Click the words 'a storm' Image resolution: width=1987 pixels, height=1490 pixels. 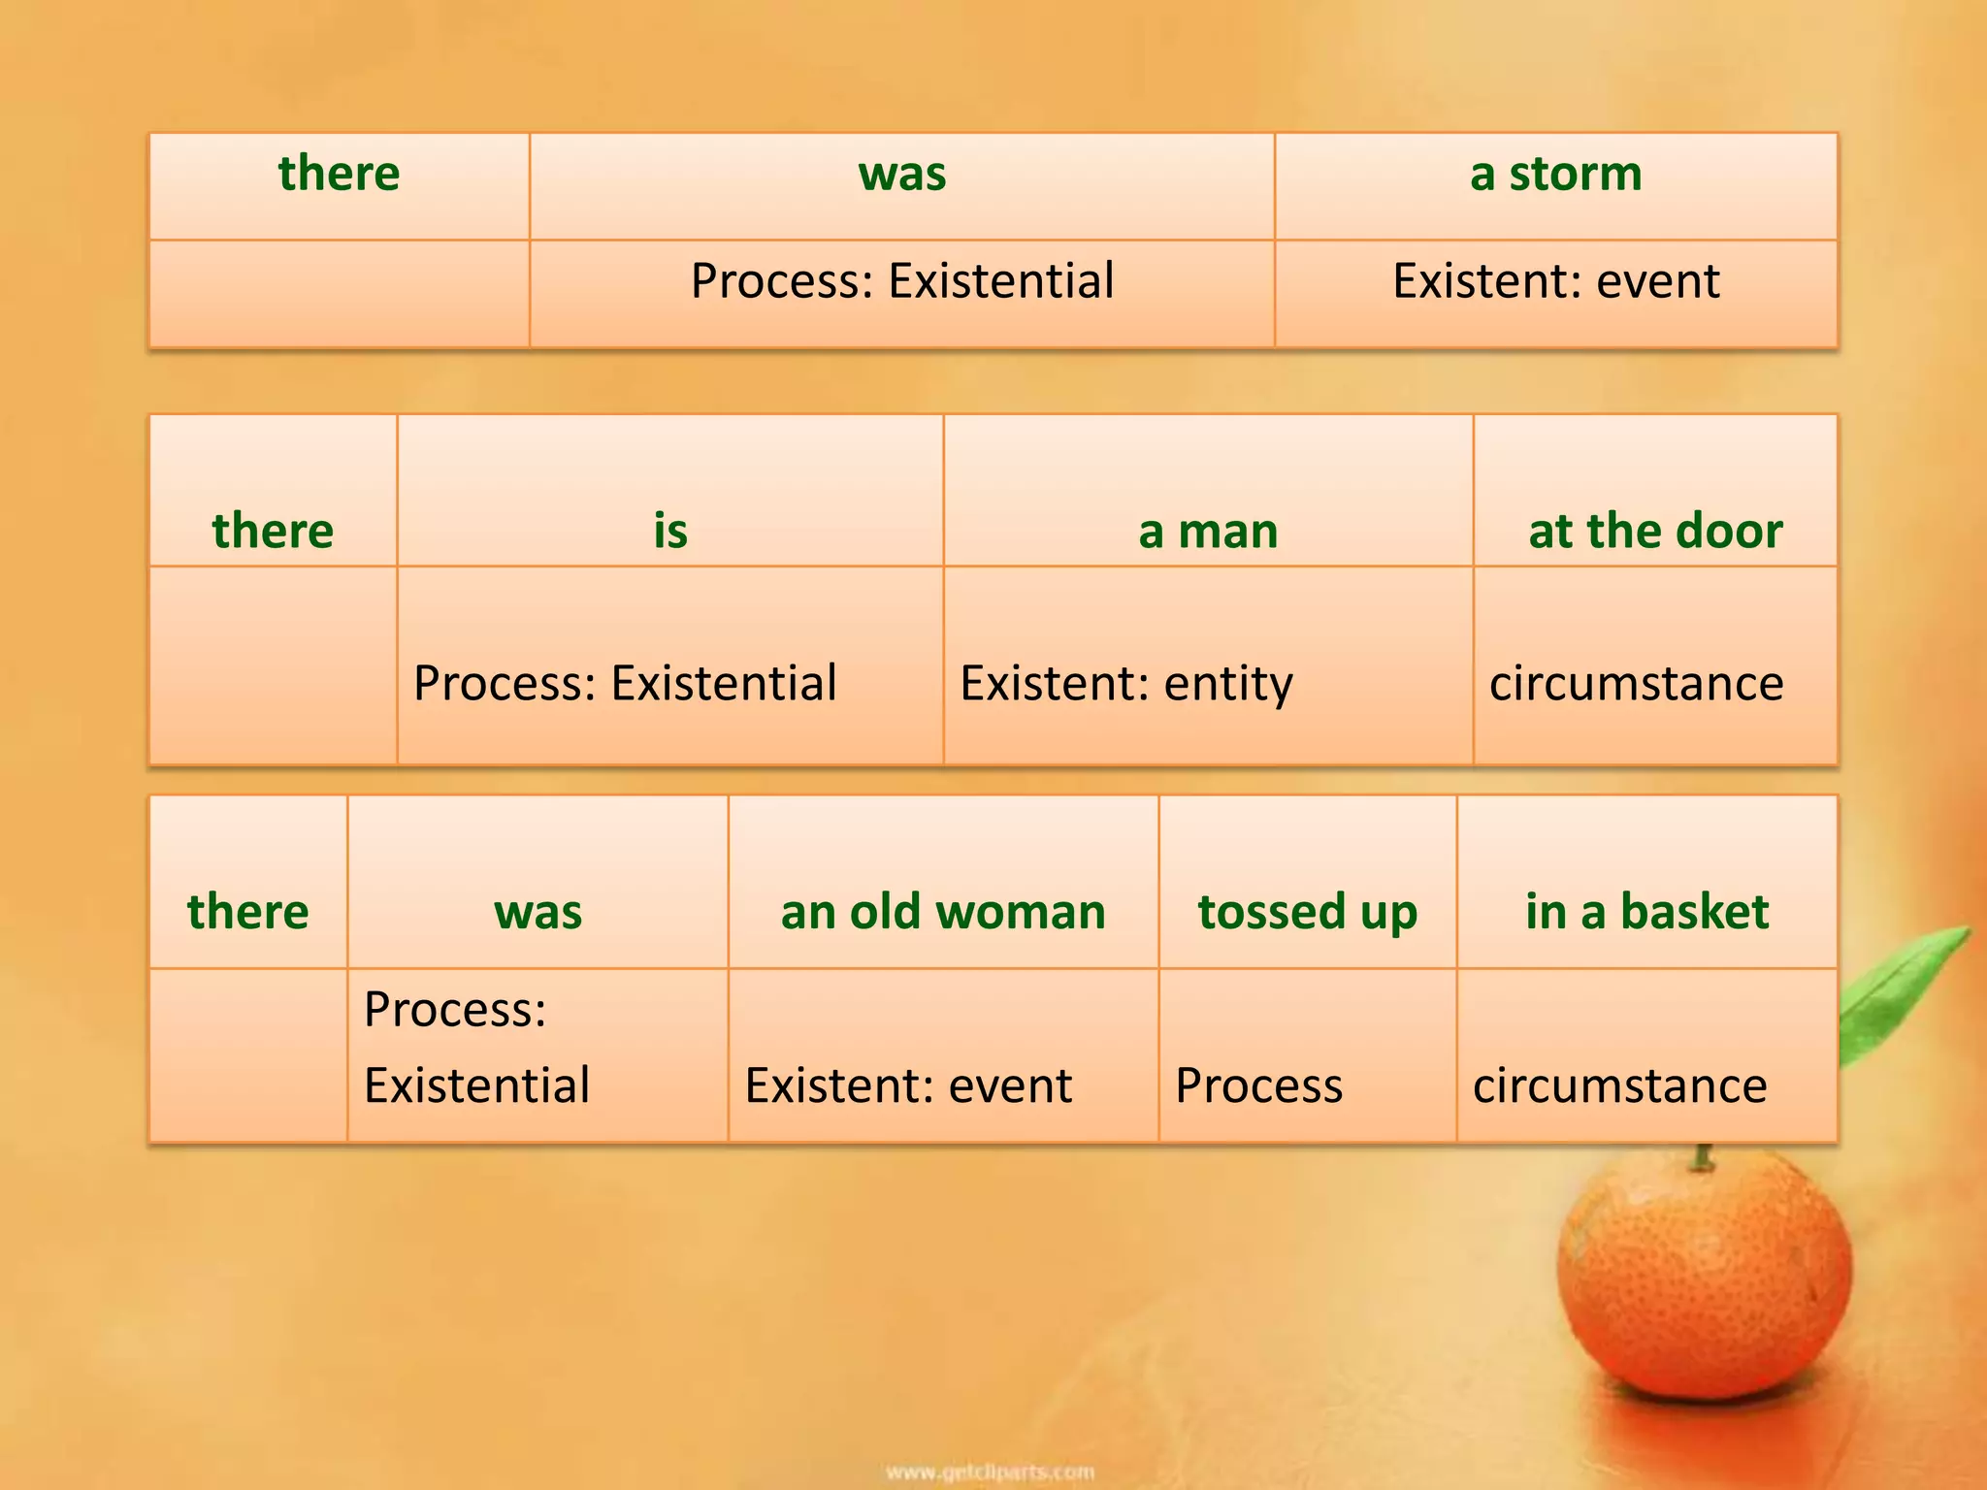[1555, 175]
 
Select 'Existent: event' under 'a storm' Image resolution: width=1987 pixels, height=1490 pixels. [1555, 281]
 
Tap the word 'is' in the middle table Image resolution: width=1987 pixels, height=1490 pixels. [669, 531]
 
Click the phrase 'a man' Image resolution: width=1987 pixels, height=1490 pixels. [1208, 531]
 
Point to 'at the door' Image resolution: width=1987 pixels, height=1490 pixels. [1655, 531]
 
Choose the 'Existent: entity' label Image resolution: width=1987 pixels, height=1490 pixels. [1125, 683]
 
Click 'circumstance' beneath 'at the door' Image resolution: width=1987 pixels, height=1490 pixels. [1636, 683]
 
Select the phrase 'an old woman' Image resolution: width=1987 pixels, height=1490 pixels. [943, 912]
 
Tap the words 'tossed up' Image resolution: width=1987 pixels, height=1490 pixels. [1307, 912]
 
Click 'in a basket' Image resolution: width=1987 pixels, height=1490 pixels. [1646, 912]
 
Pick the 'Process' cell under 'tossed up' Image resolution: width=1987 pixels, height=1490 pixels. [1258, 1085]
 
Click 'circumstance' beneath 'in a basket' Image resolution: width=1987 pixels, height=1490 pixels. [1619, 1085]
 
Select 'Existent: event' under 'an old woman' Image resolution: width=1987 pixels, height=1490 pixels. [908, 1085]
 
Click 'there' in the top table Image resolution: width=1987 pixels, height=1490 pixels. [339, 175]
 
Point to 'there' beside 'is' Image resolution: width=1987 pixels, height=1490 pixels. [273, 531]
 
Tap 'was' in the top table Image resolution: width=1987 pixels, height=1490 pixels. [901, 175]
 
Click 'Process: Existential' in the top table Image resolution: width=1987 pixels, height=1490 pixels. [901, 281]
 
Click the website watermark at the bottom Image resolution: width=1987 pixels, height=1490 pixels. [991, 1473]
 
